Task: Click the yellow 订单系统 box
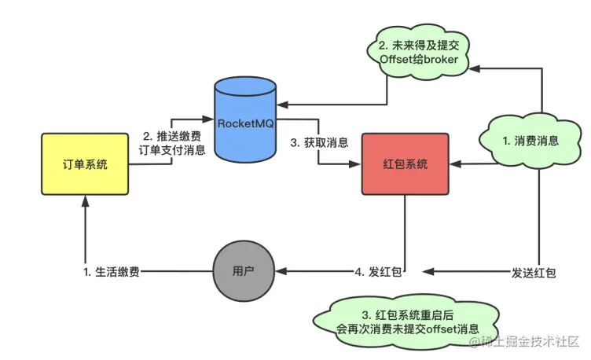point(85,164)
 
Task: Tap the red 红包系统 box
point(405,164)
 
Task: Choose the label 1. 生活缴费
point(113,273)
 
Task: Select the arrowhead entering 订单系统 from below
point(85,202)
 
